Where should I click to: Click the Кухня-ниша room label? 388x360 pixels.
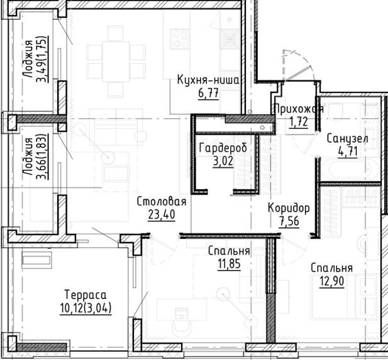(x=208, y=80)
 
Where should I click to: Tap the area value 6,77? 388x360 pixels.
(x=208, y=94)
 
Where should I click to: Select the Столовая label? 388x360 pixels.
(x=162, y=202)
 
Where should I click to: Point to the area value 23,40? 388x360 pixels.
(x=162, y=214)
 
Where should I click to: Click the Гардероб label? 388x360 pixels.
(x=223, y=148)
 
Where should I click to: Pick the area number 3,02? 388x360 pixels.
(x=223, y=161)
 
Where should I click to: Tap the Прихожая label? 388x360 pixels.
(x=299, y=109)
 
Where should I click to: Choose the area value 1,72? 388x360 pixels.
(x=299, y=122)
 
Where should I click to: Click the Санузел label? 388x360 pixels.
(x=347, y=139)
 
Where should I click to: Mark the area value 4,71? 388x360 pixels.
(x=348, y=152)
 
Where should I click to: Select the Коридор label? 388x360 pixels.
(x=289, y=208)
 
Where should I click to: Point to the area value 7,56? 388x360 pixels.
(x=289, y=221)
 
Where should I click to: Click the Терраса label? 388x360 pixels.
(x=86, y=295)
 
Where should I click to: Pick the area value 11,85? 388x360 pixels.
(x=229, y=264)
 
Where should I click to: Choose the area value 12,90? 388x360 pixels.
(x=332, y=281)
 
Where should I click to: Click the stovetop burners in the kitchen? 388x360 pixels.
(x=180, y=40)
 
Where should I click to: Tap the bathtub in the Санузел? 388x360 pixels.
(x=349, y=170)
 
